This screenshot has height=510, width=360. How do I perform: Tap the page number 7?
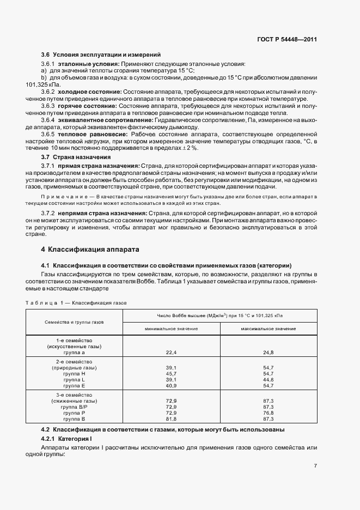coord(315,465)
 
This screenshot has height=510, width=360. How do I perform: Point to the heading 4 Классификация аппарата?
coord(90,250)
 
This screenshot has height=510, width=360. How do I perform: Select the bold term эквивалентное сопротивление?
coord(100,119)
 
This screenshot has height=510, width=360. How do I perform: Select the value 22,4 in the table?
coord(171,353)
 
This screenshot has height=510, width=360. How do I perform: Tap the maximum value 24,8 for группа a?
coord(268,353)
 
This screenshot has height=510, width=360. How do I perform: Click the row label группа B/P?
coord(75,406)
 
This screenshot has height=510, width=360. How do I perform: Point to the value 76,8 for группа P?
coord(268,412)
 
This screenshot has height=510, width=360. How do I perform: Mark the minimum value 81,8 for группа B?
coord(171,418)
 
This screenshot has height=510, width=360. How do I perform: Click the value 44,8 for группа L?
coord(268,379)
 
